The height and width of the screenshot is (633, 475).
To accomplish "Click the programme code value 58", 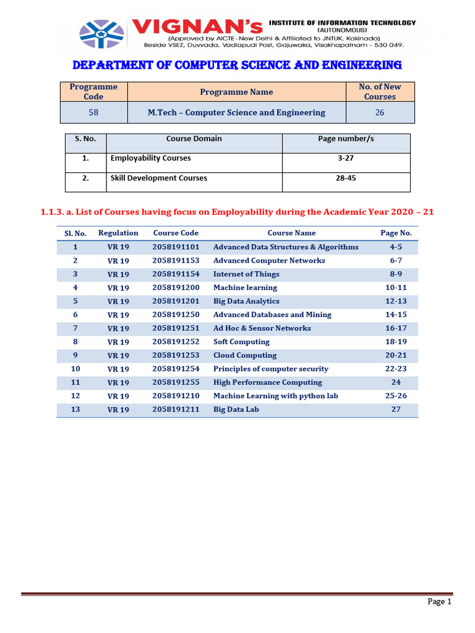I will coord(93,113).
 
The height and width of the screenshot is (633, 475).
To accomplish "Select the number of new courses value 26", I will coord(380,113).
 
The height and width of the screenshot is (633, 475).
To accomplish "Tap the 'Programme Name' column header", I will coord(236,92).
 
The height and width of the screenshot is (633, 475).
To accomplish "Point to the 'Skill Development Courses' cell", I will coord(159,178).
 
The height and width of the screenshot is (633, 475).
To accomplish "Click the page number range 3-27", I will coord(346,158).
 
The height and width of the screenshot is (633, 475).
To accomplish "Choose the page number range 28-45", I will coord(346,178).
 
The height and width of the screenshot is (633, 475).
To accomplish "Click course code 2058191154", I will coord(176,274).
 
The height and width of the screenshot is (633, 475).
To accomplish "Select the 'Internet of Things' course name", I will coord(246,274).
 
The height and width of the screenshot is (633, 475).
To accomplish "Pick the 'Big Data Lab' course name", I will coord(236,409).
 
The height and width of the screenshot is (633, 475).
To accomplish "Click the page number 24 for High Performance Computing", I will coord(396,383).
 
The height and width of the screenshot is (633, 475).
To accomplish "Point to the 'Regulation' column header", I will coord(118,233).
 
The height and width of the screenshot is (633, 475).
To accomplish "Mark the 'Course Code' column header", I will coord(176,233).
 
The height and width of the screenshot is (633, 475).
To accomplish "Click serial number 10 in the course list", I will coord(75,369).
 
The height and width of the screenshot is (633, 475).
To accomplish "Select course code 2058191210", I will coord(176,396).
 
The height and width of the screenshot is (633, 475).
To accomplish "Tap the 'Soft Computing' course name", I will coord(241,342).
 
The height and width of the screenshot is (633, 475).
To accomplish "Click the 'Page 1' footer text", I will coord(440,601).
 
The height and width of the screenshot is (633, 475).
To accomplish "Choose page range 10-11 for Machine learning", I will coord(396,287).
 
